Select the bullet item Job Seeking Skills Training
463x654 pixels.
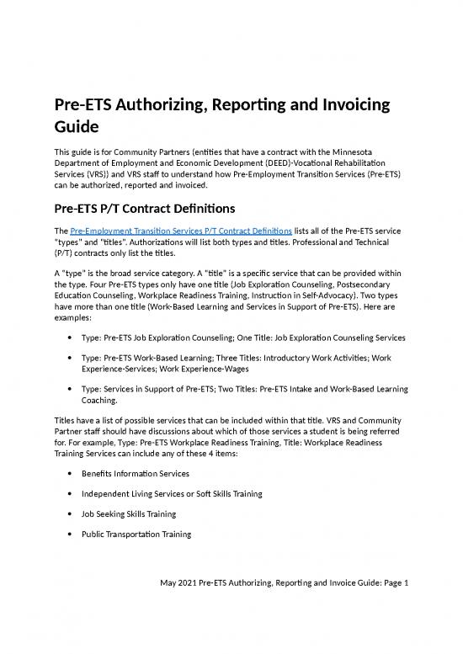pyautogui.click(x=132, y=513)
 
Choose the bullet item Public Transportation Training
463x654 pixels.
pyautogui.click(x=136, y=534)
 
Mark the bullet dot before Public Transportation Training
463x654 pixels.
pyautogui.click(x=67, y=534)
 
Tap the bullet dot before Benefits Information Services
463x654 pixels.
pyautogui.click(x=67, y=473)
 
